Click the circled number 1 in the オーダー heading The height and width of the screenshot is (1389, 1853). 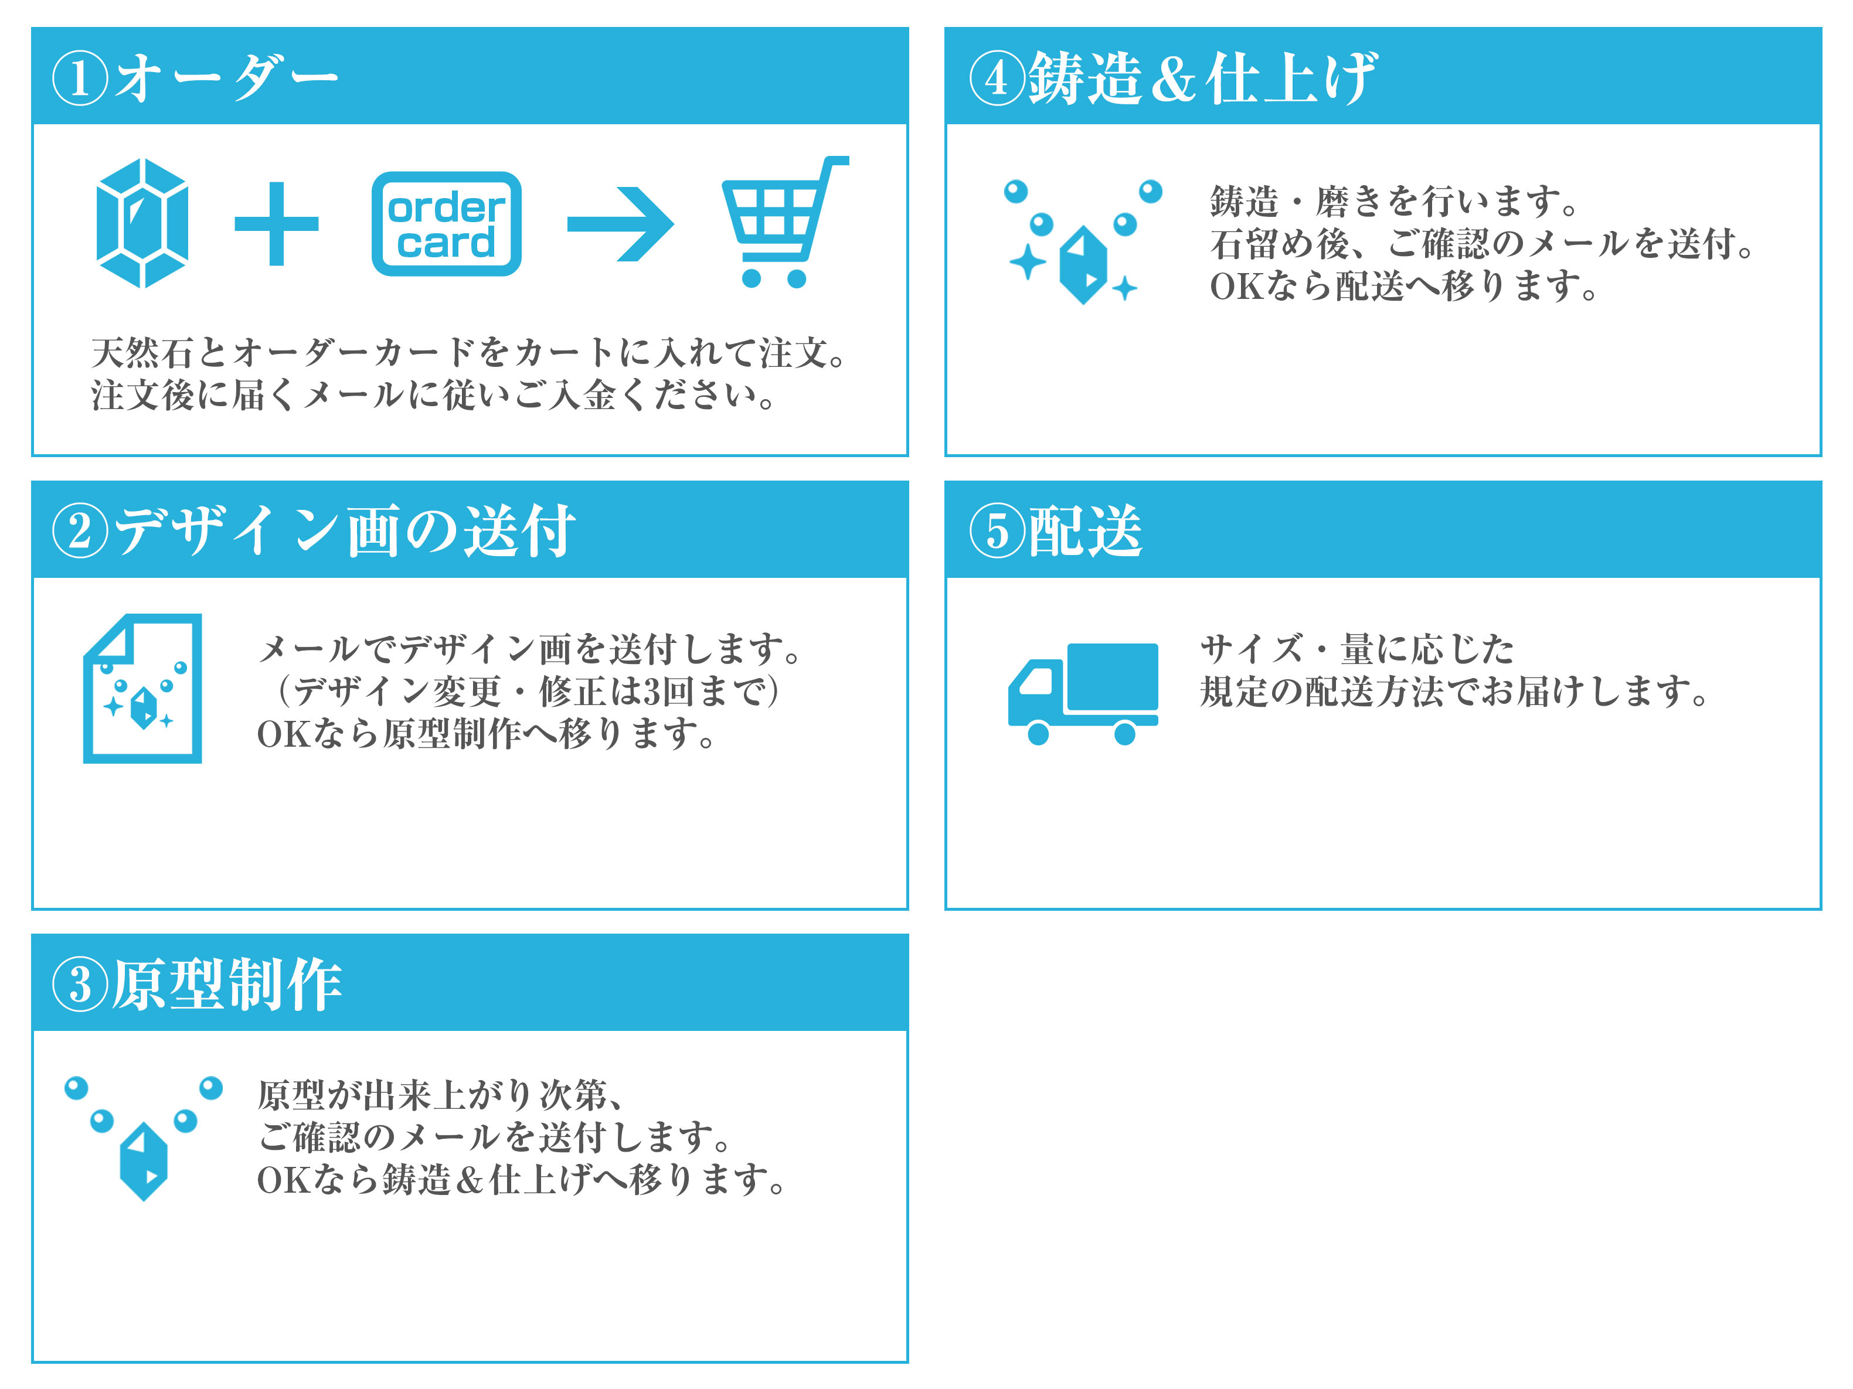[x=80, y=79]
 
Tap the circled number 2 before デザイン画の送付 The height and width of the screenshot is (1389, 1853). [x=80, y=531]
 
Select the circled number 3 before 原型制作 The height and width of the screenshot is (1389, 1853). [x=80, y=985]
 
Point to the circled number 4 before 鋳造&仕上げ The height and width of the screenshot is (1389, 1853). [x=997, y=79]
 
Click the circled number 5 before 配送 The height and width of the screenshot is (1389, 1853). [x=997, y=531]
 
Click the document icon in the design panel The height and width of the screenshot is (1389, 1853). [x=142, y=689]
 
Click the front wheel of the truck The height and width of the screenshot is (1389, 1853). [x=1038, y=734]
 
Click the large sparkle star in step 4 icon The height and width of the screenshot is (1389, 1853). [x=1028, y=262]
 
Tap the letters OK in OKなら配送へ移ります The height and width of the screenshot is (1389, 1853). [x=1236, y=287]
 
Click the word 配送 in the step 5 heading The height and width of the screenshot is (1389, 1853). [x=1086, y=531]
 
